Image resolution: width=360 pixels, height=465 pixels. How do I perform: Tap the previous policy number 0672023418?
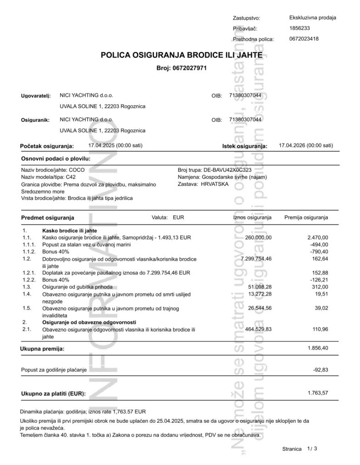(x=304, y=39)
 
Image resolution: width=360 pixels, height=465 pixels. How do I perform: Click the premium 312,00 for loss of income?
(x=320, y=287)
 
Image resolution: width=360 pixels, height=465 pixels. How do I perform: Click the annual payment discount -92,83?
(x=320, y=370)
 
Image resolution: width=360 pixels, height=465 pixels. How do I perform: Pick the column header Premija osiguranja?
(x=306, y=218)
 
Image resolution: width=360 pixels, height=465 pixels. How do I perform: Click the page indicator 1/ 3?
(x=311, y=449)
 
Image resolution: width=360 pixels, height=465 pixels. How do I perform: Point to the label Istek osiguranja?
(x=243, y=146)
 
